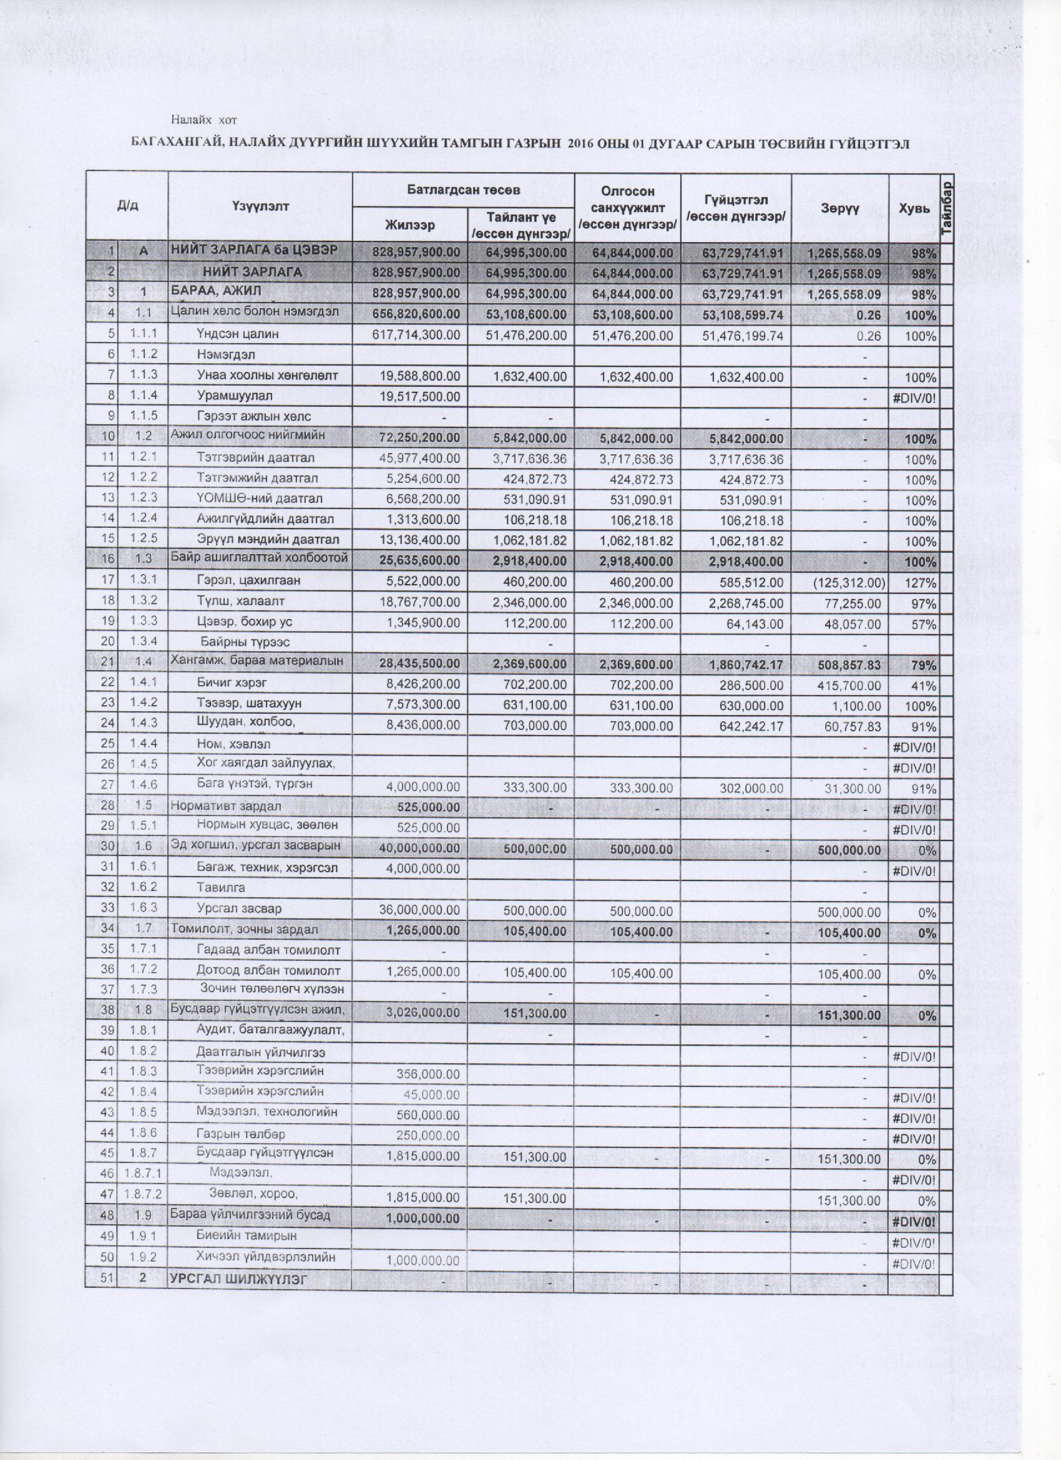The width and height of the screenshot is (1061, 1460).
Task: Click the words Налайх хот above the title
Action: point(204,120)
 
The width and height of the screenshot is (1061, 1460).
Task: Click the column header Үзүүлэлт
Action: point(260,206)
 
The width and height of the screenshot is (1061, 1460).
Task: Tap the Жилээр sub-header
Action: point(410,225)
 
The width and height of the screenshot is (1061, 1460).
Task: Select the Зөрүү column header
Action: point(840,207)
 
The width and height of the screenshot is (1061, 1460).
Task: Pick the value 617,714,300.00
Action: point(416,336)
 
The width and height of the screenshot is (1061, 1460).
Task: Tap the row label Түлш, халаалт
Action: point(241,601)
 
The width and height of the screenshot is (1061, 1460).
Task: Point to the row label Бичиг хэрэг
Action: point(231,684)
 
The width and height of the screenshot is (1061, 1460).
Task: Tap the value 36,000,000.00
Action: point(422,912)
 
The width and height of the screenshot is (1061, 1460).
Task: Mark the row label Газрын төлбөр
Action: point(241,1134)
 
